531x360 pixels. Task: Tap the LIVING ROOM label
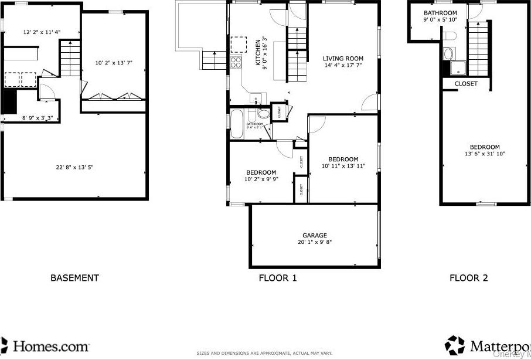tap(343, 59)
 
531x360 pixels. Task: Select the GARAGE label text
tap(315, 236)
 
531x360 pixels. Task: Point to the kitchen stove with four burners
tap(236, 62)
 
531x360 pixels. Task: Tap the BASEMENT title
tap(74, 278)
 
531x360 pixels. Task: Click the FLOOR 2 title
tap(468, 278)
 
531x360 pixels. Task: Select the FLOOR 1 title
tap(278, 278)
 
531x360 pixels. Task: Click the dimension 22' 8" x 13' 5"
tap(74, 168)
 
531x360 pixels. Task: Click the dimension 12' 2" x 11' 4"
tap(42, 32)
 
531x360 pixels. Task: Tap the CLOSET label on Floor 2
tap(466, 84)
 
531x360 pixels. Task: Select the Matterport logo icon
tap(455, 345)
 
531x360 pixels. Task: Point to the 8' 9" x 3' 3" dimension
tap(38, 118)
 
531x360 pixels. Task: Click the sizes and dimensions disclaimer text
tap(264, 354)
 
